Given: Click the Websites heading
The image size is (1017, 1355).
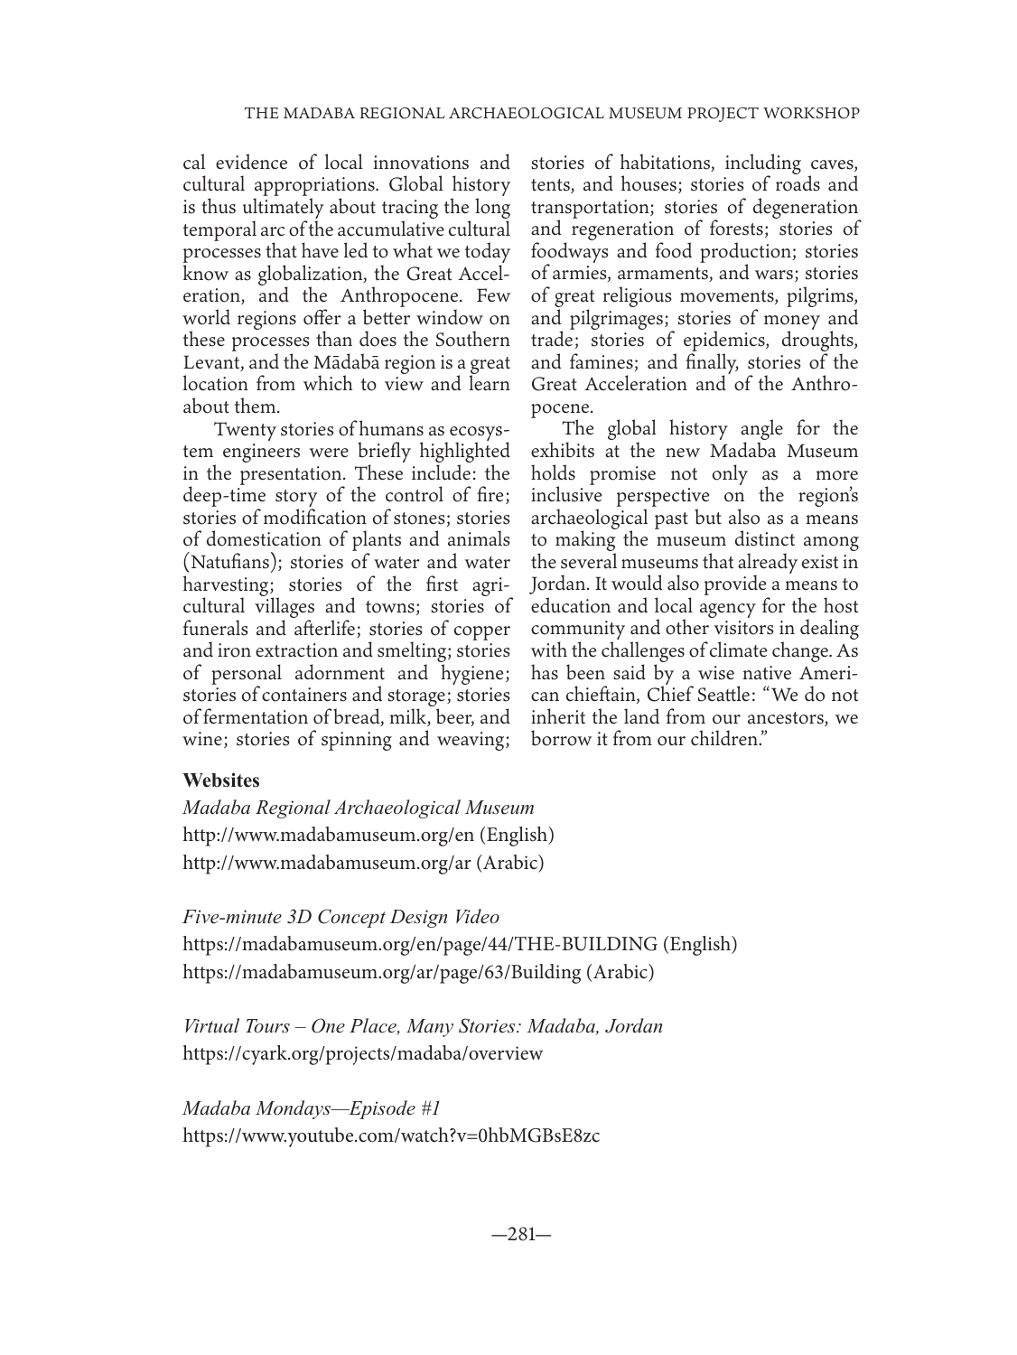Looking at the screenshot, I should [221, 780].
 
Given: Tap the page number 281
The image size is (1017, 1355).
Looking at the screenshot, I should [520, 1234].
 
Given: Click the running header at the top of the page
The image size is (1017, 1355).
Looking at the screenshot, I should [552, 114].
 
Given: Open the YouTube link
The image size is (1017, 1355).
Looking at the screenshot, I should [391, 1135].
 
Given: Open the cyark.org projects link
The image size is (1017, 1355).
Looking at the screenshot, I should [363, 1053].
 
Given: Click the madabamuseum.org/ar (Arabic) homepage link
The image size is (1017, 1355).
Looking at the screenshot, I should [363, 863].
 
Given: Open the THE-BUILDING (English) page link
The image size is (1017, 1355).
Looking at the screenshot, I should [460, 945].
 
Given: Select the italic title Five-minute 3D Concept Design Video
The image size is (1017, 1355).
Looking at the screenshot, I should [341, 917].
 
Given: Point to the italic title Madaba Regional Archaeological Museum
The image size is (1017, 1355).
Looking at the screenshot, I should [359, 808].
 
